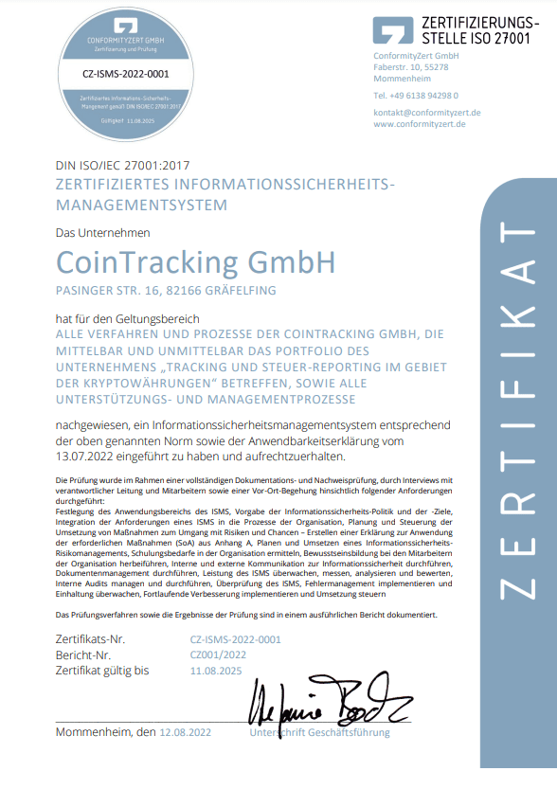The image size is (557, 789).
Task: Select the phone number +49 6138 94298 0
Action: [416, 96]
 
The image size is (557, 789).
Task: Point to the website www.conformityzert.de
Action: [419, 123]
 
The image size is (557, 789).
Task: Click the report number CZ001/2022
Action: [219, 655]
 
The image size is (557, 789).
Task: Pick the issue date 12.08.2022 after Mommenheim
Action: [186, 733]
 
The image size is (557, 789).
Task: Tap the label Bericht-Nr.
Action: [83, 655]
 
